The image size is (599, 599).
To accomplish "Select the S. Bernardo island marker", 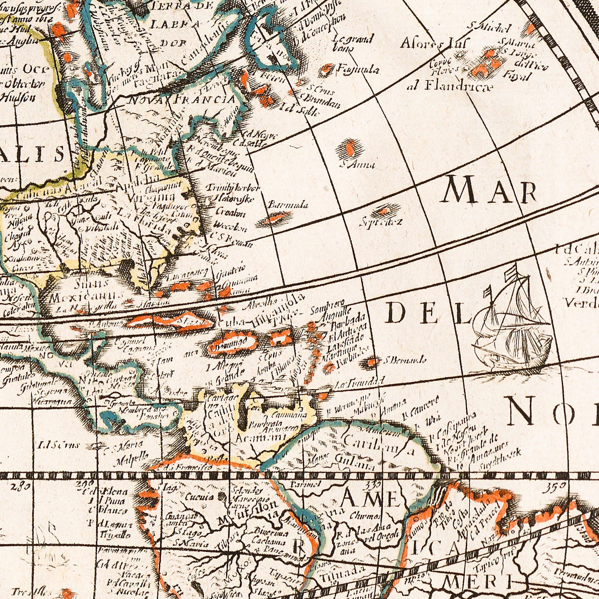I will point(373,361).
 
